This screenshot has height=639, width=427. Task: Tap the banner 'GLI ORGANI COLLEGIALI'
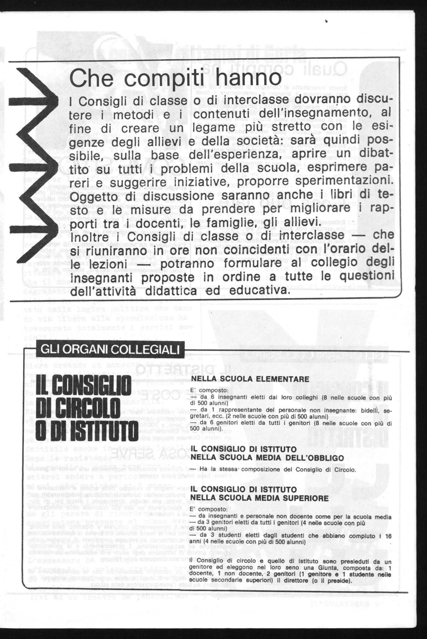click(104, 350)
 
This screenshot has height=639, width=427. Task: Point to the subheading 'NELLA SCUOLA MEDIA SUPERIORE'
click(262, 498)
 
